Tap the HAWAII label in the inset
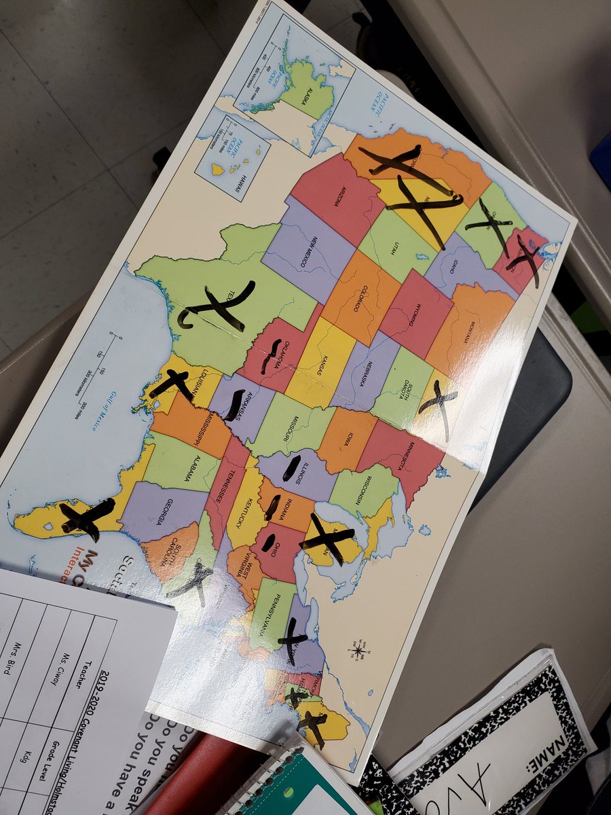click(238, 183)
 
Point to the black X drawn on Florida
click(86, 518)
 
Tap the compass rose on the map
click(358, 650)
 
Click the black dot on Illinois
click(292, 469)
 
